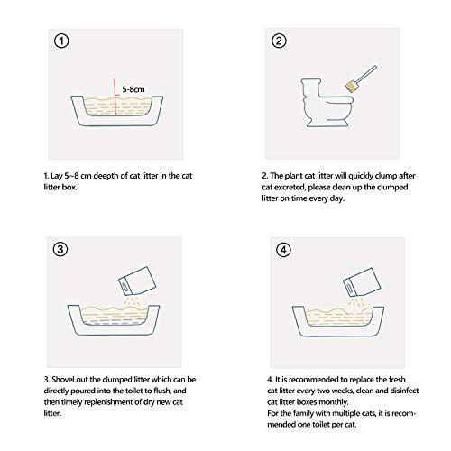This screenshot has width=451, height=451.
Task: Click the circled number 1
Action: point(61,41)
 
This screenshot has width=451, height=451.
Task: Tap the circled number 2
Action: point(279,41)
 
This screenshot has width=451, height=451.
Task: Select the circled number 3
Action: point(60,249)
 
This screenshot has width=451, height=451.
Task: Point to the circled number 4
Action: point(283,250)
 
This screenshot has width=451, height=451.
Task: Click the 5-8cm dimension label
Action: point(133,89)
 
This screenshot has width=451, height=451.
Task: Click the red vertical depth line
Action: point(115,97)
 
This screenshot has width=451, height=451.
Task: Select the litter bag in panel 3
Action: point(137,281)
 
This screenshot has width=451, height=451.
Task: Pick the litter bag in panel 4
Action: point(362,281)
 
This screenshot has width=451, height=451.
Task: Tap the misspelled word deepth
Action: point(106,176)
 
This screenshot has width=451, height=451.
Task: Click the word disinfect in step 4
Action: point(404,391)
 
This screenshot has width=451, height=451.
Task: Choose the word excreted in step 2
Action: point(290,188)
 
